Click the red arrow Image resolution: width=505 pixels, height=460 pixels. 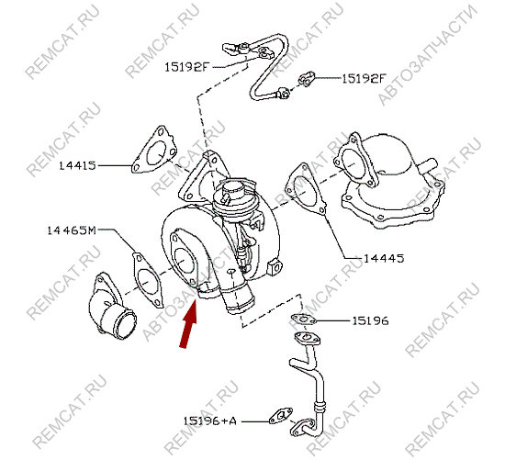pyautogui.click(x=189, y=325)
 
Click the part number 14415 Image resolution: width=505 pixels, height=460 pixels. pyautogui.click(x=78, y=166)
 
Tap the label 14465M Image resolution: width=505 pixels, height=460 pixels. pyautogui.click(x=72, y=230)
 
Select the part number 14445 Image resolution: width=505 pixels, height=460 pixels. pyautogui.click(x=384, y=258)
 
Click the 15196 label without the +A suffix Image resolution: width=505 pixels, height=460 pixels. pyautogui.click(x=370, y=320)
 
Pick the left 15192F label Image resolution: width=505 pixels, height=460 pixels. pyautogui.click(x=187, y=67)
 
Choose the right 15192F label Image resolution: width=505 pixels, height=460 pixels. pyautogui.click(x=364, y=78)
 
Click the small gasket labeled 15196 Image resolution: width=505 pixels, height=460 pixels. pyautogui.click(x=303, y=320)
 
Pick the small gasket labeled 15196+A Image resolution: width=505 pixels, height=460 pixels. pyautogui.click(x=281, y=416)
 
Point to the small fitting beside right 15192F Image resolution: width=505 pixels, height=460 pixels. pyautogui.click(x=306, y=79)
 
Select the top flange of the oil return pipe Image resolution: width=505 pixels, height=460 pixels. pyautogui.click(x=307, y=338)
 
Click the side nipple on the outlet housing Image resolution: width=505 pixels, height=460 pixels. pyautogui.click(x=427, y=163)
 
